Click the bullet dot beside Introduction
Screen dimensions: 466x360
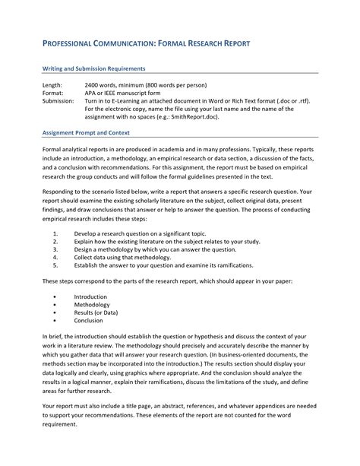click(x=58, y=296)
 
